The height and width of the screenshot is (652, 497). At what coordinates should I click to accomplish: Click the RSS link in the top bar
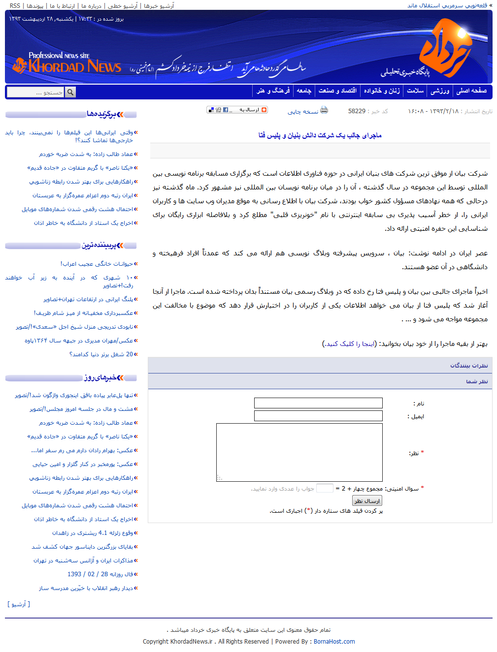tap(15, 6)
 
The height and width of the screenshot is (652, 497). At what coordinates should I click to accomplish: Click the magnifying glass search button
tap(70, 92)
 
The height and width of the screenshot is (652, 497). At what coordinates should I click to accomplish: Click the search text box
tap(36, 92)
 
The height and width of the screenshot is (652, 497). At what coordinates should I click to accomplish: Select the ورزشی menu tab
tap(440, 91)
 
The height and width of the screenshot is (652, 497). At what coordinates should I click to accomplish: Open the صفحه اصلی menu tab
tap(471, 91)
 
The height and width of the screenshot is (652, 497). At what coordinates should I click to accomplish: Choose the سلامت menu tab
tap(415, 91)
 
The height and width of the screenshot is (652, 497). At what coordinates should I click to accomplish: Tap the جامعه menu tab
tap(304, 91)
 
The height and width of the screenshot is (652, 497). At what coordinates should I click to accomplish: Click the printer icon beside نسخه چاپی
tap(324, 110)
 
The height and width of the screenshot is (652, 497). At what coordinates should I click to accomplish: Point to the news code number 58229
tap(357, 111)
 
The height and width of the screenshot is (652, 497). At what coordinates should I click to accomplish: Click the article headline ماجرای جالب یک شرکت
tap(320, 135)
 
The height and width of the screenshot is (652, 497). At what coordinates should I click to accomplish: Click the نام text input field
tap(318, 403)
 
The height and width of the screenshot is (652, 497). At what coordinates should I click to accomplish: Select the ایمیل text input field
tap(318, 416)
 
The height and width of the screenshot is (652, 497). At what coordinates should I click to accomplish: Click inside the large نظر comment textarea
tap(299, 452)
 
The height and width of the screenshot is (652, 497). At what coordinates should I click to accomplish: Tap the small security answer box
tap(325, 488)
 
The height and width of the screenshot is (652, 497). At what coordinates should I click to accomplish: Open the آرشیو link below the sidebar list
tap(19, 604)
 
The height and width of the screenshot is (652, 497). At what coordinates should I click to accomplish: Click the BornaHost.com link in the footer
tap(334, 642)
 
